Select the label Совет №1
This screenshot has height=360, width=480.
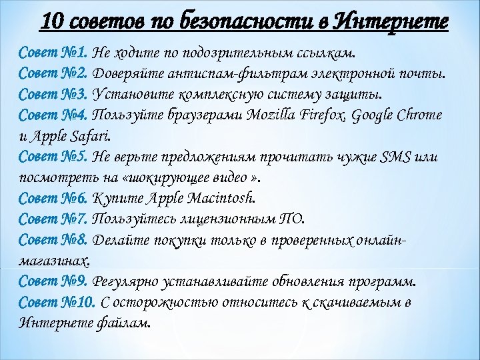tap(54, 53)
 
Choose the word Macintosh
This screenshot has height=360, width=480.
tap(221, 197)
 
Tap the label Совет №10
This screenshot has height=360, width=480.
tap(57, 302)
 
